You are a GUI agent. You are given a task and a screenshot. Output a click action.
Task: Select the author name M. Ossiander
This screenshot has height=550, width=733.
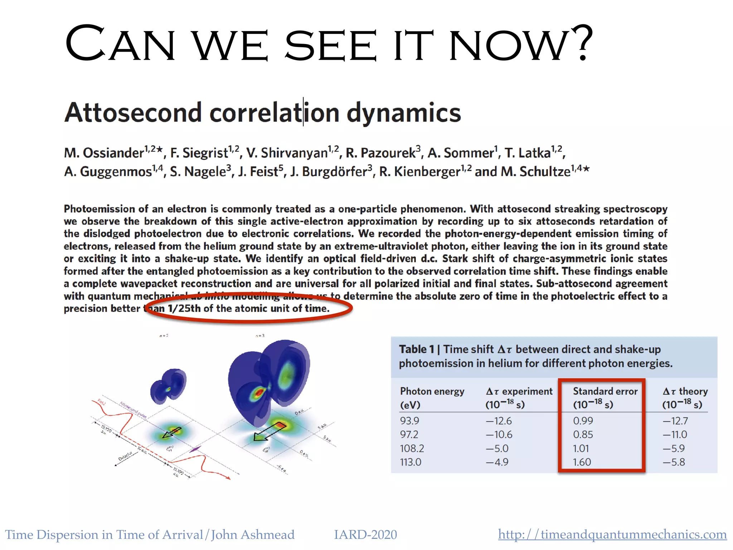[104, 153]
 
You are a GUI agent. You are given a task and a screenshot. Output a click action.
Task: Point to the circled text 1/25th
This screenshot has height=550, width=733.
[184, 309]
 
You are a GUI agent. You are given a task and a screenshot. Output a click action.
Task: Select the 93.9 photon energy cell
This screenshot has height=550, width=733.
[409, 421]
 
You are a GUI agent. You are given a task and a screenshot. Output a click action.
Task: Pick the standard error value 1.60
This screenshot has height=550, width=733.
[582, 462]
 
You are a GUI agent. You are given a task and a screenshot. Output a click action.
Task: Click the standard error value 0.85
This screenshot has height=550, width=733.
[583, 435]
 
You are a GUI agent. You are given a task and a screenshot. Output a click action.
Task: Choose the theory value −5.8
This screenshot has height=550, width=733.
[674, 462]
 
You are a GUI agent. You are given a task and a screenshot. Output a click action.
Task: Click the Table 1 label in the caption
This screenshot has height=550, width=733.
[416, 349]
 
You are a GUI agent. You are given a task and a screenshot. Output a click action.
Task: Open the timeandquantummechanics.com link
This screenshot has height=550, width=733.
[612, 535]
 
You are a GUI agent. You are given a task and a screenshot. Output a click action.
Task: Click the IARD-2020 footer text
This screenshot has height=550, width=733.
[365, 535]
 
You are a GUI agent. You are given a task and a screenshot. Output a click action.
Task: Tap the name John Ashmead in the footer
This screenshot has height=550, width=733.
[253, 535]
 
